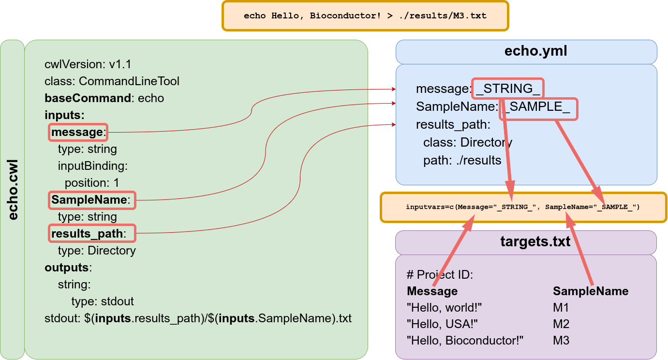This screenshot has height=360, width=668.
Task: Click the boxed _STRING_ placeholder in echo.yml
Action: (508, 89)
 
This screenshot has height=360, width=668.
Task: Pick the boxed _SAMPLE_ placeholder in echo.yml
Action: (539, 107)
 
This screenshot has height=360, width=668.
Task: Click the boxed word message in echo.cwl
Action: (77, 132)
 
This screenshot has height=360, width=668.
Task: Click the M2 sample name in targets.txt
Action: (561, 324)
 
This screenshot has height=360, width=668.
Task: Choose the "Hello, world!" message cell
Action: (445, 307)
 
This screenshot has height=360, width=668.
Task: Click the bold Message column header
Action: (432, 291)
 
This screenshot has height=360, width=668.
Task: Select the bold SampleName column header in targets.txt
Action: (591, 291)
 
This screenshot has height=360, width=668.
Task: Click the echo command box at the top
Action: (365, 15)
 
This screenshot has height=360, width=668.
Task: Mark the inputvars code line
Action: (523, 207)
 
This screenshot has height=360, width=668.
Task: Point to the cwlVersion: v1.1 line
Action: (88, 64)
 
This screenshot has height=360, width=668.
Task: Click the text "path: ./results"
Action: (462, 160)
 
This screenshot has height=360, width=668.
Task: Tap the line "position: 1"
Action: (92, 183)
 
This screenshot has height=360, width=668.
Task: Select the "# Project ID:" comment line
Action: (440, 274)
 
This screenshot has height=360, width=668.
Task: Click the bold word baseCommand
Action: (88, 98)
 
